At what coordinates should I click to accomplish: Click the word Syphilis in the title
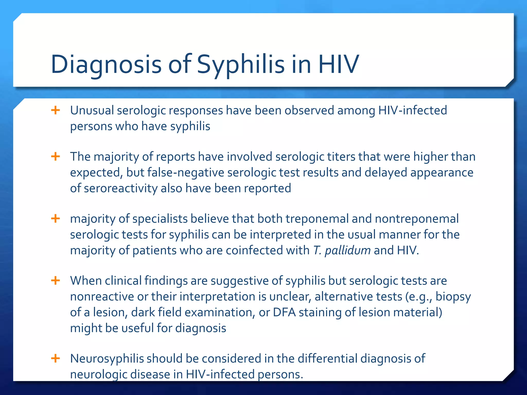241,64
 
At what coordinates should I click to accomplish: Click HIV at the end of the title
338,64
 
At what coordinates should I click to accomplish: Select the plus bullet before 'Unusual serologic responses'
56,110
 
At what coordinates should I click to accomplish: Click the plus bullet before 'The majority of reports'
56,156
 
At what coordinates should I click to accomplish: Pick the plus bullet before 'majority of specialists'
56,219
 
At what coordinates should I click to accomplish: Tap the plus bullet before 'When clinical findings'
56,280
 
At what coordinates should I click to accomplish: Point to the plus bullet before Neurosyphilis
56,358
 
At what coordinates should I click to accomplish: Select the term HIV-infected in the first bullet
412,111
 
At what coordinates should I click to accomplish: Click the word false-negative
186,173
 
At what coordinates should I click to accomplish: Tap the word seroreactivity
121,188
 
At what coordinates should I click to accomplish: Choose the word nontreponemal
417,219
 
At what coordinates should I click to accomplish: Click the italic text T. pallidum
342,250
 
